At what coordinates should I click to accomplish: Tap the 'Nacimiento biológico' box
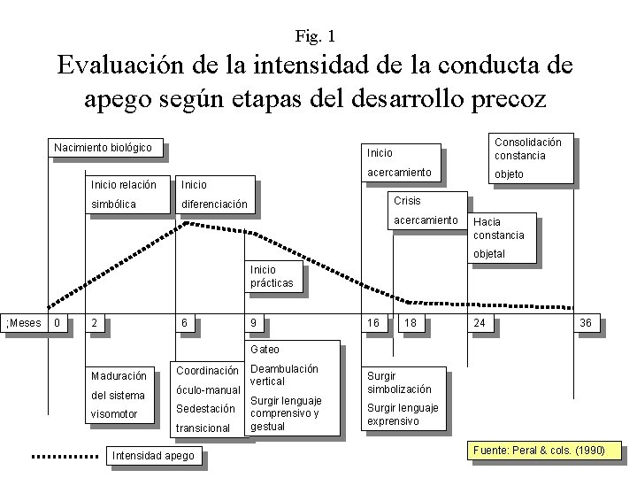click(x=105, y=147)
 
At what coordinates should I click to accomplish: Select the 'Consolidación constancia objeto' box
click(x=529, y=158)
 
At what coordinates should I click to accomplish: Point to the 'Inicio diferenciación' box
click(x=215, y=195)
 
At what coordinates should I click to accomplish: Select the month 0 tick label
click(x=58, y=323)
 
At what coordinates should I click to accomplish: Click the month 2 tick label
click(x=96, y=323)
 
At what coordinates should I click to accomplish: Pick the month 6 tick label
click(x=184, y=323)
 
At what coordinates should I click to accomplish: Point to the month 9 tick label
click(x=254, y=323)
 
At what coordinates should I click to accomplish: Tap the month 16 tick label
click(x=374, y=323)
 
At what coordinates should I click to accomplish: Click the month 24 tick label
click(x=480, y=323)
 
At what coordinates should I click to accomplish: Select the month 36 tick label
click(x=586, y=323)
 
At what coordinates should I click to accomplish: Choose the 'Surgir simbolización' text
click(x=400, y=382)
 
